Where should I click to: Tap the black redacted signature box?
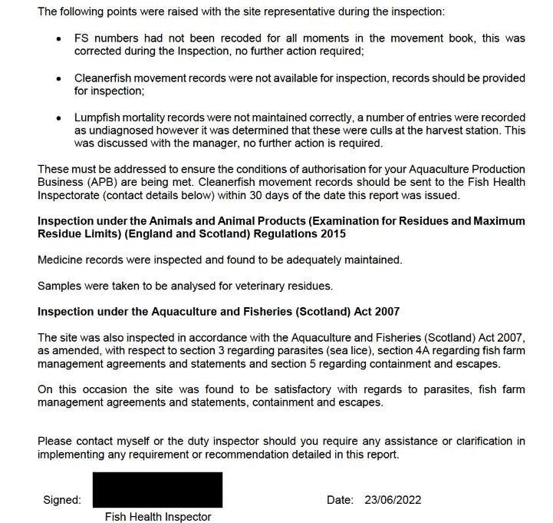click(157, 489)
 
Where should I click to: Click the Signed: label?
click(61, 500)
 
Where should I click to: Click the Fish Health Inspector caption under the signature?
click(157, 517)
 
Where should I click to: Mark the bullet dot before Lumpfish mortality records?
click(59, 118)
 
